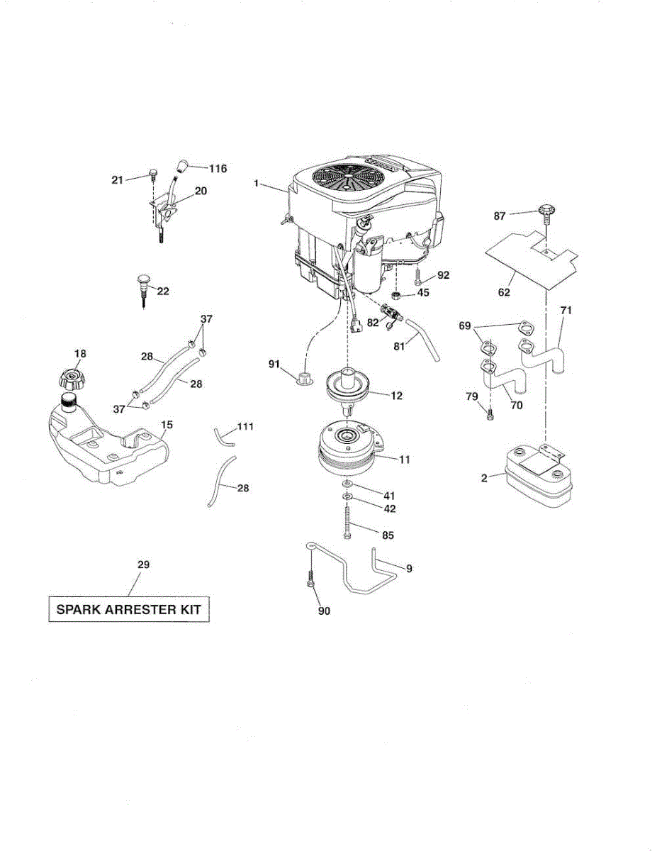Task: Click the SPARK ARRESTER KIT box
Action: coord(129,609)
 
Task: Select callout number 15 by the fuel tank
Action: coord(167,425)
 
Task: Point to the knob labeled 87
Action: coord(545,211)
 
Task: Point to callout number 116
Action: coord(218,169)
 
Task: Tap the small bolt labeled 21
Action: coord(152,174)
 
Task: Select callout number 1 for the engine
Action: coord(255,183)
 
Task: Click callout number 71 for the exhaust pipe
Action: coord(566,311)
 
